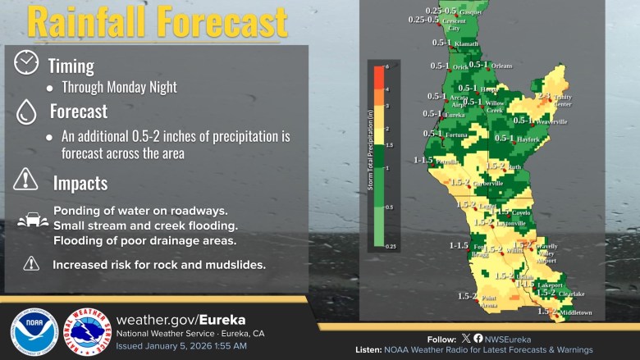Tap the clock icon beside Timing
coord(26,63)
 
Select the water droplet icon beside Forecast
coord(26,112)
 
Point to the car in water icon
coord(31,221)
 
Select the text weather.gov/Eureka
coord(181,319)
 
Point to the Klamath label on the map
coord(465,43)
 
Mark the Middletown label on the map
coord(576,312)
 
